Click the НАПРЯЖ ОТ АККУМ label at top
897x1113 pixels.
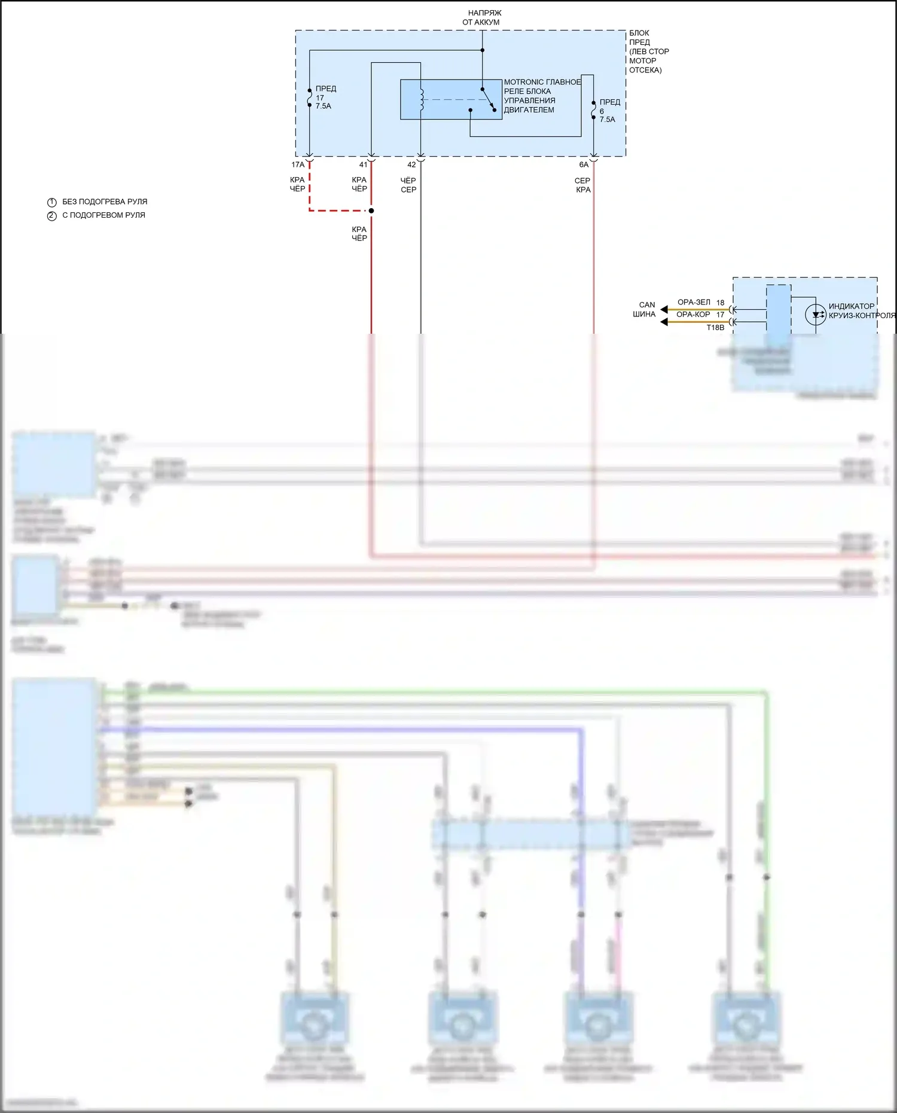click(x=481, y=17)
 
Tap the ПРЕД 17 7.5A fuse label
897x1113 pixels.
click(x=325, y=97)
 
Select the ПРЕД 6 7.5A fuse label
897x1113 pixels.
click(x=609, y=111)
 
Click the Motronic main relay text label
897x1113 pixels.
click(x=541, y=96)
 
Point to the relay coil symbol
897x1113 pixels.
click(x=421, y=100)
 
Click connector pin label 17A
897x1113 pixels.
click(x=298, y=164)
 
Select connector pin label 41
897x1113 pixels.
click(x=363, y=164)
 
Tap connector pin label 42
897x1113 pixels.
click(x=411, y=164)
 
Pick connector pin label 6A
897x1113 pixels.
click(x=584, y=164)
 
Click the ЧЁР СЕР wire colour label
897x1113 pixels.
click(x=408, y=185)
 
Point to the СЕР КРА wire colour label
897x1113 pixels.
click(x=582, y=185)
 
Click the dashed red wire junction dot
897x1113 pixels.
click(x=371, y=211)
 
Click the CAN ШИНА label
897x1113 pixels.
click(x=645, y=309)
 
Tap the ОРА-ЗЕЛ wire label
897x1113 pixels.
click(x=694, y=303)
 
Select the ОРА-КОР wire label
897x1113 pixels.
click(x=693, y=315)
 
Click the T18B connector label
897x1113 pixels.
click(x=715, y=328)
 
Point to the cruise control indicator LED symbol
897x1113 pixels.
click(x=816, y=315)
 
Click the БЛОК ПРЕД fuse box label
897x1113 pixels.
click(x=648, y=51)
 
